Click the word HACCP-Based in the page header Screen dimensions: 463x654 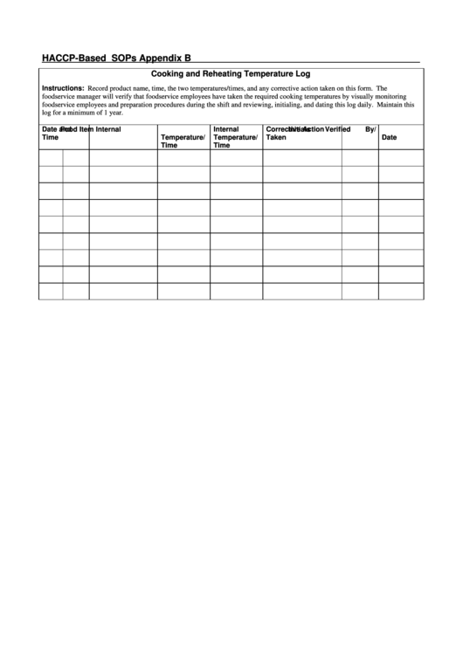coord(70,58)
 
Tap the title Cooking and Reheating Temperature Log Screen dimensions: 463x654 coord(231,75)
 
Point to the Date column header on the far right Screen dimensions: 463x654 coord(389,137)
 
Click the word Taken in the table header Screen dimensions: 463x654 coord(276,137)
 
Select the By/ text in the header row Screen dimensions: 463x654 coord(370,129)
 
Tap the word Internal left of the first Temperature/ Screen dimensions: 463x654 coord(108,129)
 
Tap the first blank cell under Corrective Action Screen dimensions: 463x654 coord(301,158)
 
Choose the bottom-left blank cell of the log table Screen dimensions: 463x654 coord(51,291)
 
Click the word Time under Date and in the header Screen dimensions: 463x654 coord(50,138)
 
